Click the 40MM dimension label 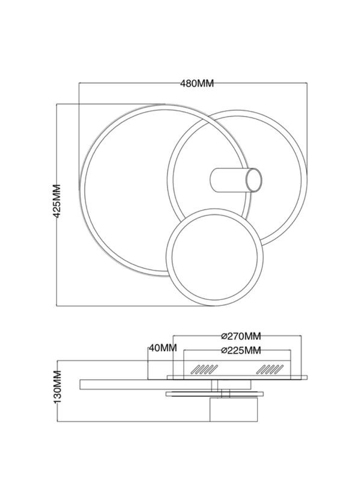point(162,347)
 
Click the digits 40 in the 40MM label point(154,347)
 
